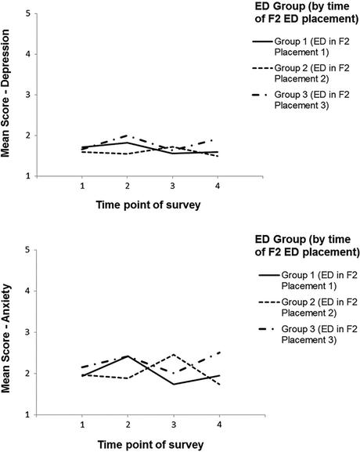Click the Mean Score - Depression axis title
5,93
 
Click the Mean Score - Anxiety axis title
5,338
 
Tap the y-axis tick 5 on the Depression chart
28,13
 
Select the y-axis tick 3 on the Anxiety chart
28,332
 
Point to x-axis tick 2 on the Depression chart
128,186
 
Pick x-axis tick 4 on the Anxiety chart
219,425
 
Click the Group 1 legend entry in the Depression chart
301,47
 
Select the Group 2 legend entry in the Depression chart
301,74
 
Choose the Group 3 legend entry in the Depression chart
301,100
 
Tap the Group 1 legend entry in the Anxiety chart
308,280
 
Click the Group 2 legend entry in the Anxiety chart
308,307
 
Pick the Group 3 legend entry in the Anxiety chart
308,334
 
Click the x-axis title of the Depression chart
149,205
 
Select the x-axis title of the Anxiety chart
150,445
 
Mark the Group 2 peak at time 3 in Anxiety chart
174,354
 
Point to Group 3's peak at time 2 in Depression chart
127,136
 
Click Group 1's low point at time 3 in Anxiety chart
174,384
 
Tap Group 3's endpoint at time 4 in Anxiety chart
220,352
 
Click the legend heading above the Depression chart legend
307,13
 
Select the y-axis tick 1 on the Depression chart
28,176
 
